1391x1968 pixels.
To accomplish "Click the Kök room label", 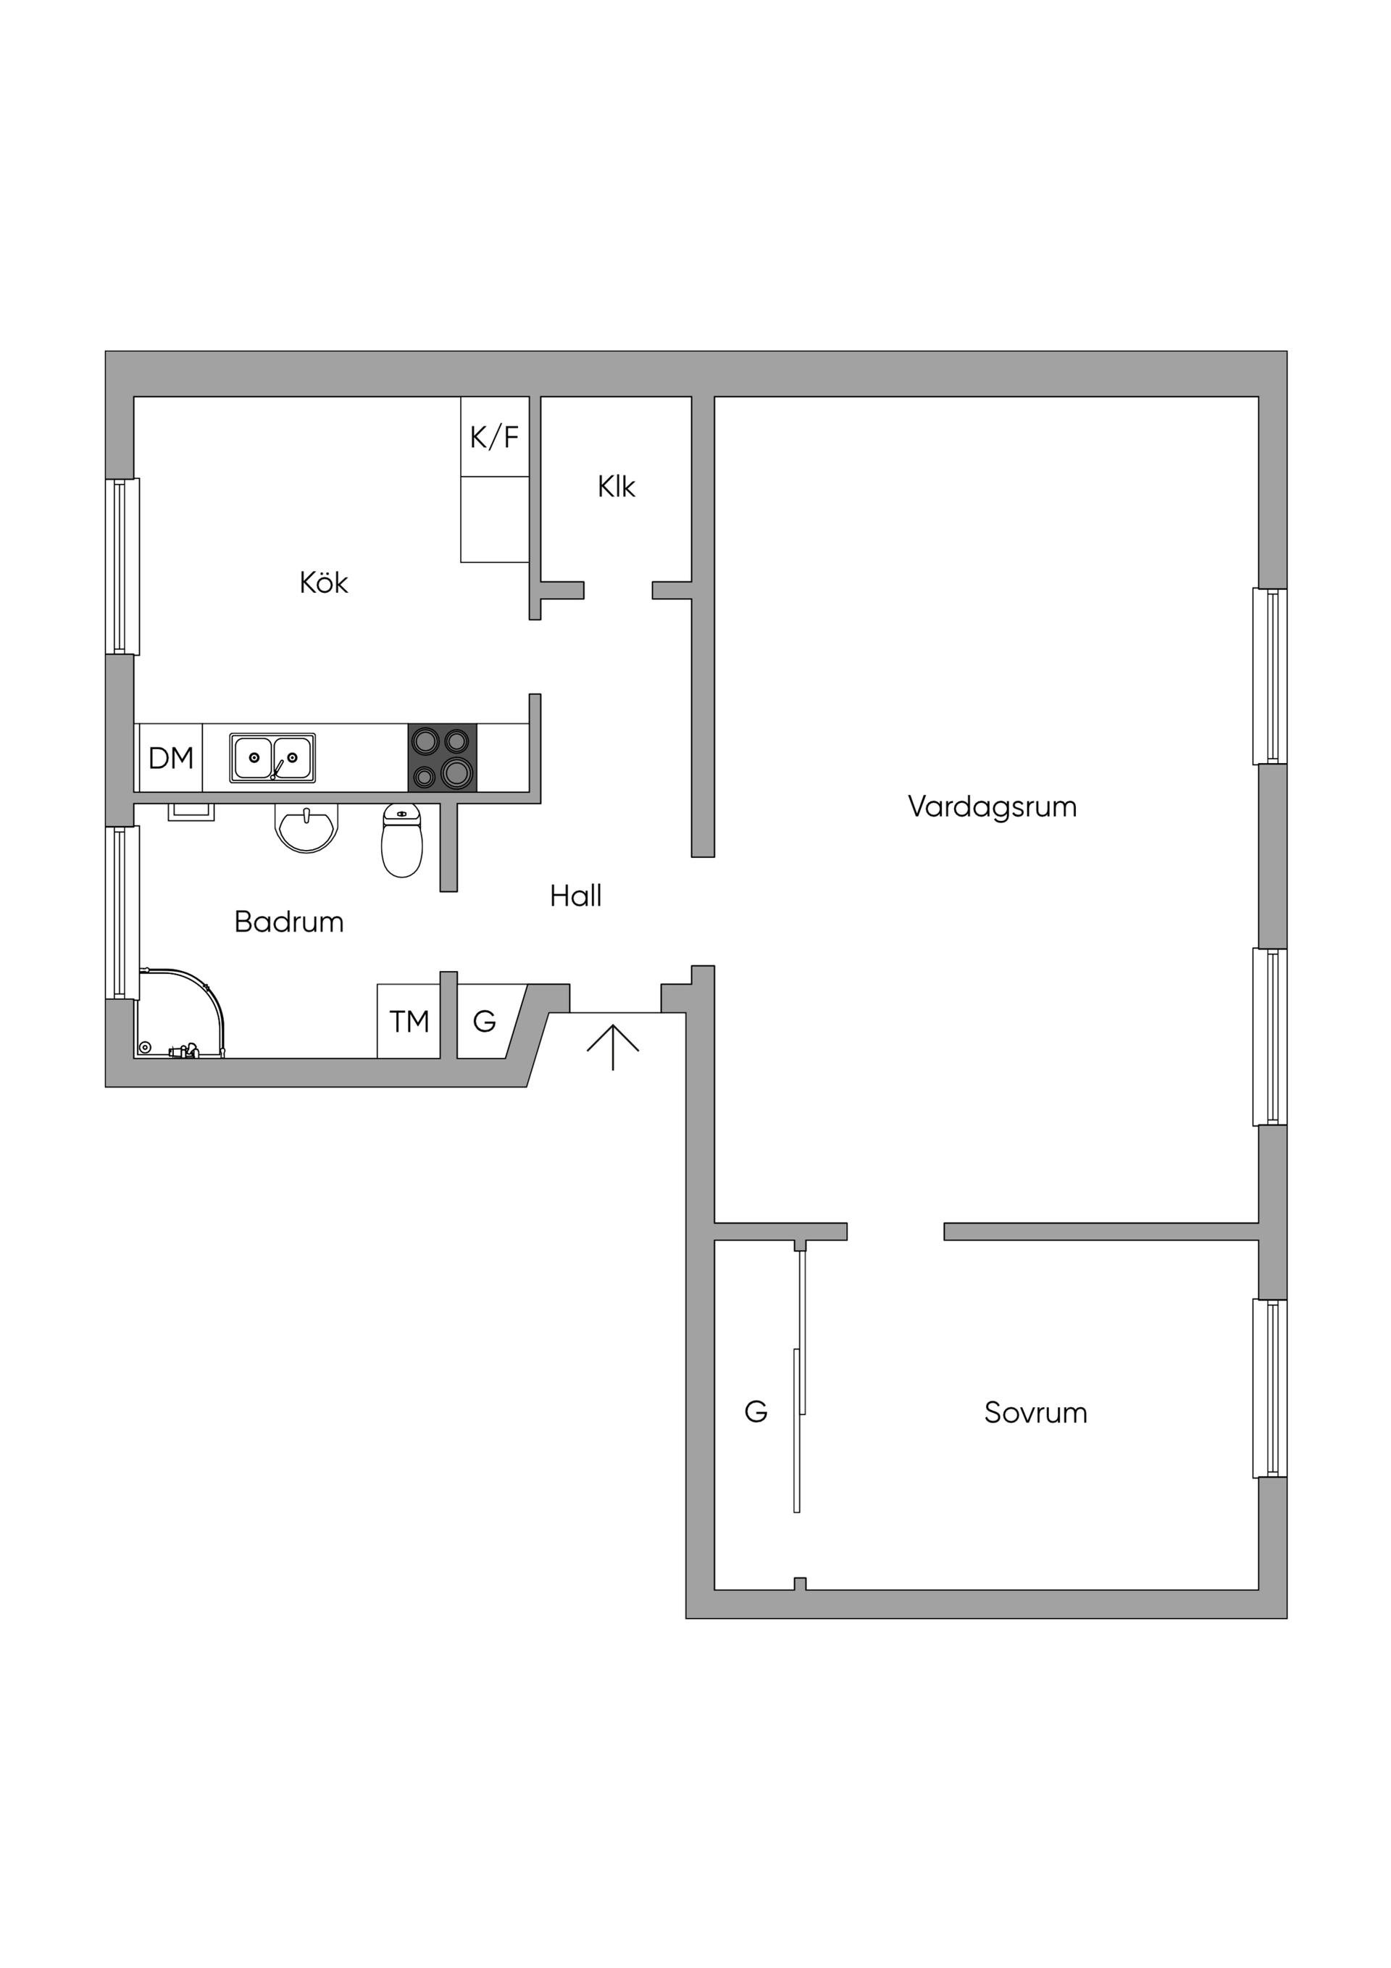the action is click(323, 583).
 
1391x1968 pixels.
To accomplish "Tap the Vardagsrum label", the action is click(992, 806).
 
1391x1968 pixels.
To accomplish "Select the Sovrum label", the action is click(1035, 1412).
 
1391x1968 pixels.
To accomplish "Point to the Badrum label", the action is click(289, 922).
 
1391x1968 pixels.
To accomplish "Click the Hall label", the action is click(575, 896).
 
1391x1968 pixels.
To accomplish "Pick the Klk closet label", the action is click(617, 487).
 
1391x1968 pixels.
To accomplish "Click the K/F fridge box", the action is click(495, 436).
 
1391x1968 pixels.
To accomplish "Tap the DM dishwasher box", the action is click(170, 758).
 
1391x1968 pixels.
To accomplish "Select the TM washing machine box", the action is click(409, 1021).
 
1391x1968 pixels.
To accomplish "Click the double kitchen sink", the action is click(272, 758).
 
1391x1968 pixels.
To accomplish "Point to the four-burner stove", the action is click(442, 758).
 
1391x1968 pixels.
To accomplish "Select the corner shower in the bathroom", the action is click(180, 1013).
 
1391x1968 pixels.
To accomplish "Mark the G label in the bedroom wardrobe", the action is click(755, 1411).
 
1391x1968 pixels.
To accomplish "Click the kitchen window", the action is click(122, 566).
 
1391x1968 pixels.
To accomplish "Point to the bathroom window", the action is click(122, 913).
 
